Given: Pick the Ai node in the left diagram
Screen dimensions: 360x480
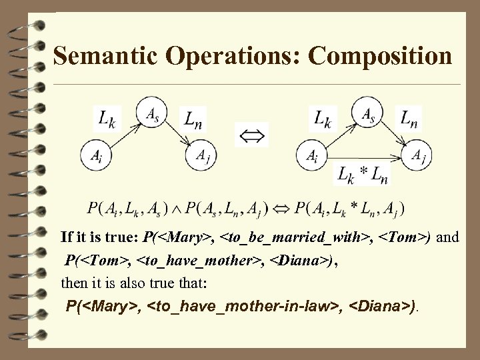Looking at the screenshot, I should pos(95,155).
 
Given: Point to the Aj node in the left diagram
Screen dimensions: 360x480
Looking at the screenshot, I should pos(201,155).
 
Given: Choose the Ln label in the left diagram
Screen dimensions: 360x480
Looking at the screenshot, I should pos(193,120).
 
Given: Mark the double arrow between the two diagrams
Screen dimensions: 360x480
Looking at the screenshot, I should pos(252,134).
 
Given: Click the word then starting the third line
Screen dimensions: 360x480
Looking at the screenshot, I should pos(73,282).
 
